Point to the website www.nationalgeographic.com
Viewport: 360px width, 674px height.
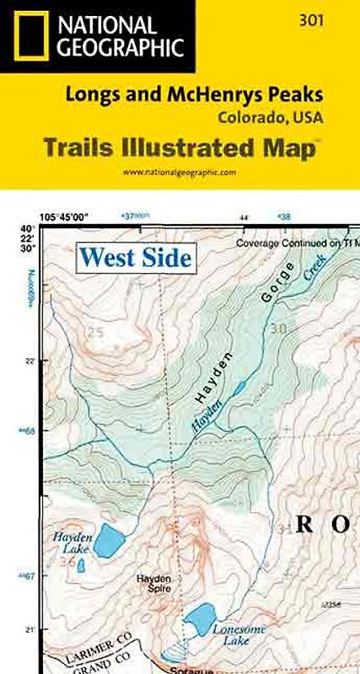pyautogui.click(x=180, y=172)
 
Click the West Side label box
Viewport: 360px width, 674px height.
pyautogui.click(x=135, y=256)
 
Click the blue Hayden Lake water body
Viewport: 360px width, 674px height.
pyautogui.click(x=108, y=541)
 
